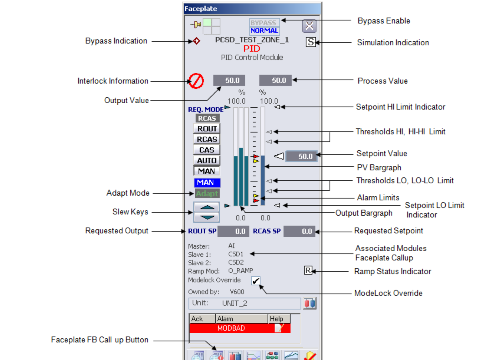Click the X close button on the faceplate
click(x=309, y=26)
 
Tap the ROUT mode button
click(x=207, y=129)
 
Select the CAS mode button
click(x=207, y=150)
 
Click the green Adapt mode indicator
click(x=207, y=194)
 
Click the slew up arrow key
click(x=206, y=207)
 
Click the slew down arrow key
click(x=206, y=217)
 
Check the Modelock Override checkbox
click(x=256, y=281)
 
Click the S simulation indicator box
click(x=311, y=42)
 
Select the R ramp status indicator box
click(x=308, y=271)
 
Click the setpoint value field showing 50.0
click(x=302, y=156)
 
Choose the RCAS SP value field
click(x=299, y=231)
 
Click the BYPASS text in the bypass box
click(x=264, y=23)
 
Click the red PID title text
click(x=252, y=49)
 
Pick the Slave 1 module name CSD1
click(x=236, y=254)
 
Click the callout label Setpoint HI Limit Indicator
click(x=400, y=107)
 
